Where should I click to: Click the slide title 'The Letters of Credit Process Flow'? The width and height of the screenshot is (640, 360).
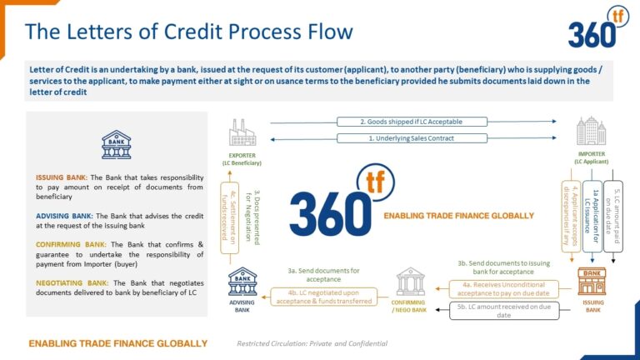tap(188, 32)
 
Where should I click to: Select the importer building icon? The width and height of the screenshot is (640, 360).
tap(591, 132)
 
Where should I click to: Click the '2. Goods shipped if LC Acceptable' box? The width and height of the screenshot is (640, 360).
tap(411, 122)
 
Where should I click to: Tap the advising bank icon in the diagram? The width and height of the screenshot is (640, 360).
tap(242, 282)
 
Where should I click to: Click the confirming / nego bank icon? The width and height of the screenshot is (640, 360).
tap(410, 282)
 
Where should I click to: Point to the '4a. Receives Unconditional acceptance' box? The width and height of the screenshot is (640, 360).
tap(505, 287)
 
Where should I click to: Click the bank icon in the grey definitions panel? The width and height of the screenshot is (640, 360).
tap(116, 144)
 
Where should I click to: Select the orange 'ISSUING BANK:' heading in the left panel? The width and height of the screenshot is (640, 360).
tap(62, 177)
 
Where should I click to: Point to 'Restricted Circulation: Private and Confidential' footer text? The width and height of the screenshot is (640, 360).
tap(312, 343)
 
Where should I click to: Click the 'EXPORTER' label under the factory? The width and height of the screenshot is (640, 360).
tap(242, 155)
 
